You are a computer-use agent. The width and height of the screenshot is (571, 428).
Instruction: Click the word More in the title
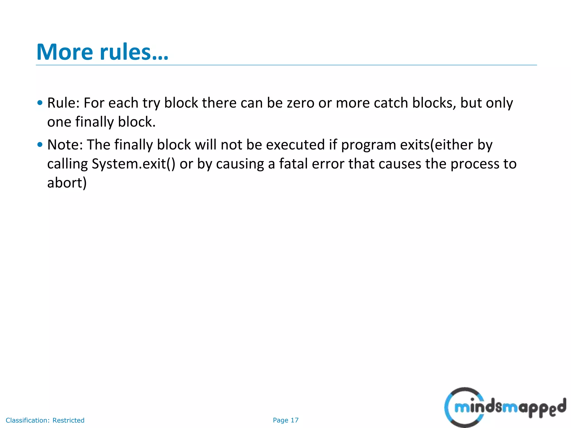(65, 52)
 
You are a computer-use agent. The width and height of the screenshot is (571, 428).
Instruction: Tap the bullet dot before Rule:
(40, 103)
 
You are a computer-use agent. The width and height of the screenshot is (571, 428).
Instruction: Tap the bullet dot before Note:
(40, 145)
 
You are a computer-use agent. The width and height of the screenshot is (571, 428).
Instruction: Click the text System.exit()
(134, 164)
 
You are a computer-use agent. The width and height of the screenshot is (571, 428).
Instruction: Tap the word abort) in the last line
(67, 183)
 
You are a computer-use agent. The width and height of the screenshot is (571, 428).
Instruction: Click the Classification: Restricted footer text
(45, 420)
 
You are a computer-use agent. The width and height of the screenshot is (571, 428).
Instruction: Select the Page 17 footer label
(285, 420)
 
